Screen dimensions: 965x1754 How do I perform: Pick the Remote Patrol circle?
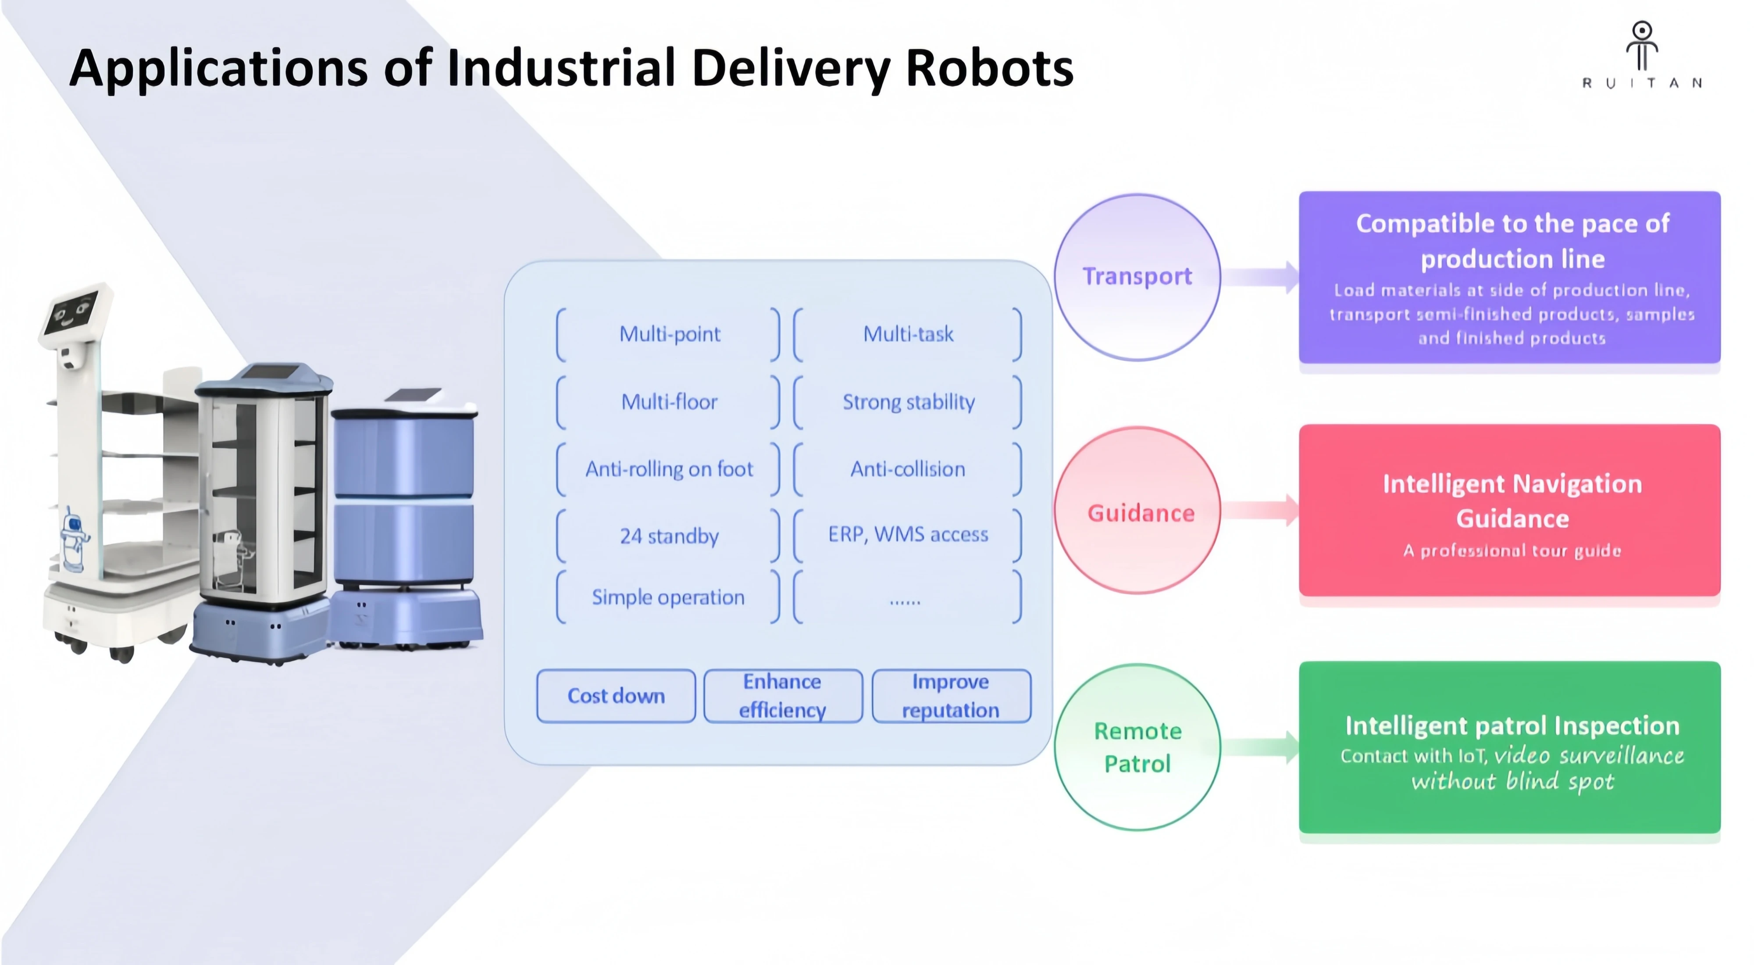tap(1137, 747)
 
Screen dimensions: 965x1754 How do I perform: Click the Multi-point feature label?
tap(669, 334)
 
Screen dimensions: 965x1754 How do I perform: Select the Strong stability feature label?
tap(908, 402)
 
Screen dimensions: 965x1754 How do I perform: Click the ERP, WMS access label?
tap(908, 535)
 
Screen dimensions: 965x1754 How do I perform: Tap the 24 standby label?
tap(669, 536)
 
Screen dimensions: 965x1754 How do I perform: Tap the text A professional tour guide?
tap(1512, 550)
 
